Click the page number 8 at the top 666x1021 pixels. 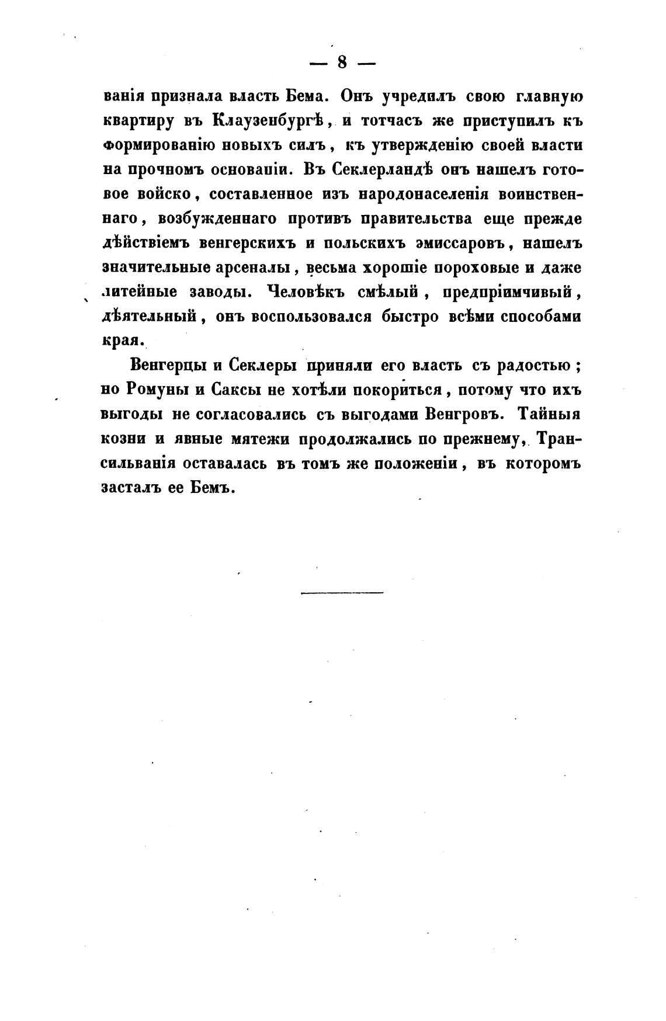click(342, 62)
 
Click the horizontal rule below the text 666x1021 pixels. click(342, 593)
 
